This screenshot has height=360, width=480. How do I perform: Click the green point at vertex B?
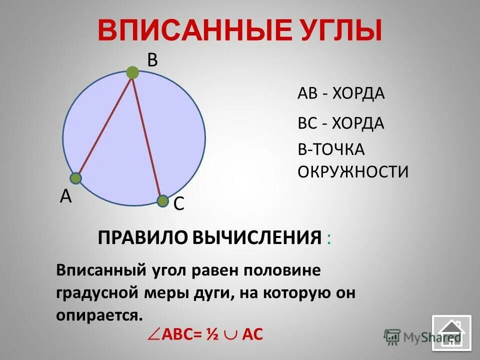pyautogui.click(x=132, y=73)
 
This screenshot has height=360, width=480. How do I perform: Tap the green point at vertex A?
pyautogui.click(x=75, y=178)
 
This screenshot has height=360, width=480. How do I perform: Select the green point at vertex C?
pyautogui.click(x=162, y=201)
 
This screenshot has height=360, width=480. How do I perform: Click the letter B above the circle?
pyautogui.click(x=152, y=60)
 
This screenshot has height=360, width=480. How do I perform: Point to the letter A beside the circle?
pyautogui.click(x=65, y=196)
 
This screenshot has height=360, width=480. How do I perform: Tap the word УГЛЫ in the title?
pyautogui.click(x=338, y=30)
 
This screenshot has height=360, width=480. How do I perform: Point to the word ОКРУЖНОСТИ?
pyautogui.click(x=353, y=171)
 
